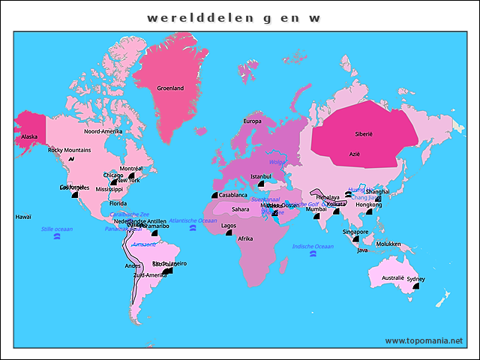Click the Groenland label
[x=170, y=88]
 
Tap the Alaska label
[x=29, y=136]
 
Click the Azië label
[x=355, y=154]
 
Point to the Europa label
[x=252, y=121]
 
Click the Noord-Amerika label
[x=103, y=131]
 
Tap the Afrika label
[x=245, y=238]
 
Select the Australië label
[x=393, y=277]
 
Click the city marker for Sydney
[x=415, y=286]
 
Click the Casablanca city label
[x=233, y=195]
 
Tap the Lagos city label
[x=229, y=225]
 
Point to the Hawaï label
[x=23, y=217]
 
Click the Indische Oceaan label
[x=313, y=246]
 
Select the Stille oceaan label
[x=57, y=229]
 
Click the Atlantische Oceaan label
[x=193, y=220]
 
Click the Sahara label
[x=240, y=209]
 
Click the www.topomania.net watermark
[x=424, y=340]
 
